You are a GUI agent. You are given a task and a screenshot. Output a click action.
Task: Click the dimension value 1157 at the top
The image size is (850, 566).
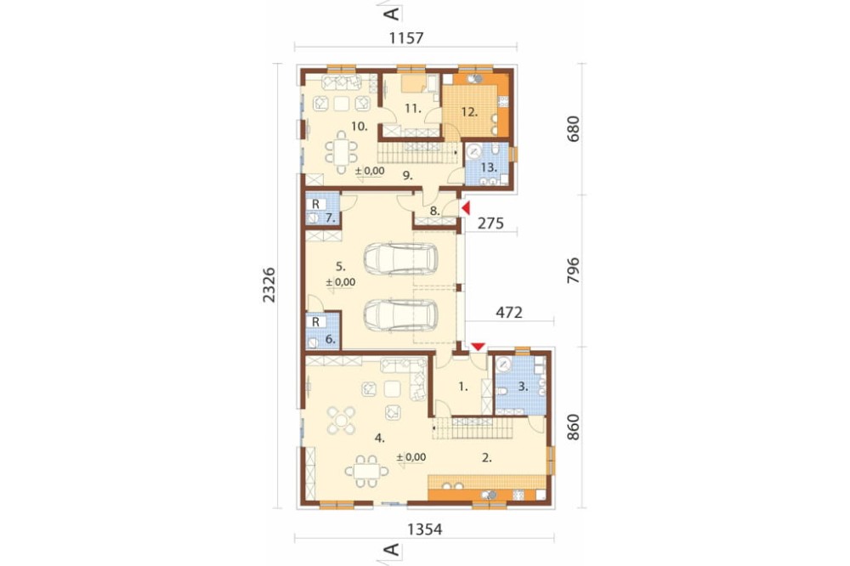pyautogui.click(x=406, y=38)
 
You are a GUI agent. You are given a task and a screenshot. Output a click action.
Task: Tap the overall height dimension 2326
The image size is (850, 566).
pyautogui.click(x=269, y=285)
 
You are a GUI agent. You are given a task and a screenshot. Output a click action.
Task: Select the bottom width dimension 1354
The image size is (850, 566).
pyautogui.click(x=424, y=529)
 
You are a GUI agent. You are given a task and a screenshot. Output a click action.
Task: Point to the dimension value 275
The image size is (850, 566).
pyautogui.click(x=490, y=223)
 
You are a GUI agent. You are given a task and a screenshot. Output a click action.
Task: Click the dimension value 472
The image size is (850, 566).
pyautogui.click(x=509, y=312)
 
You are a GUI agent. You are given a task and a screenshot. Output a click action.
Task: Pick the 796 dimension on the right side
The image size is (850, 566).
pyautogui.click(x=572, y=270)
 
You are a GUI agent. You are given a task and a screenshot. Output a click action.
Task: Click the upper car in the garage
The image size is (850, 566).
pyautogui.click(x=400, y=259)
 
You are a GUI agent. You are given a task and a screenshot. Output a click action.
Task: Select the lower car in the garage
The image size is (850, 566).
pyautogui.click(x=400, y=315)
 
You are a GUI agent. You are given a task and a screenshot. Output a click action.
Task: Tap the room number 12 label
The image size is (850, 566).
pyautogui.click(x=469, y=112)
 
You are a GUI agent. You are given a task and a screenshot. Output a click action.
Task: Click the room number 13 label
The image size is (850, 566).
pyautogui.click(x=489, y=167)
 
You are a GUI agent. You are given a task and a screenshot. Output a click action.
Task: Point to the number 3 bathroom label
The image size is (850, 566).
pyautogui.click(x=523, y=387)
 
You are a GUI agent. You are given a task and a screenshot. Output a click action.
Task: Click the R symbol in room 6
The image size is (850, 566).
pyautogui.click(x=315, y=322)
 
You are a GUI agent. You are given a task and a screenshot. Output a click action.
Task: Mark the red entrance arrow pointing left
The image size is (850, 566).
pyautogui.click(x=465, y=207)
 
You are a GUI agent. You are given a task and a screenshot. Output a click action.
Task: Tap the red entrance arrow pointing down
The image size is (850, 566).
pyautogui.click(x=478, y=347)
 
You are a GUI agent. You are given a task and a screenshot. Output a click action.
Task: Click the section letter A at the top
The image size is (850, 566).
pyautogui.click(x=391, y=14)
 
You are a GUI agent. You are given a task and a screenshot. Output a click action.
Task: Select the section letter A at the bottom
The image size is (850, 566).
pyautogui.click(x=391, y=550)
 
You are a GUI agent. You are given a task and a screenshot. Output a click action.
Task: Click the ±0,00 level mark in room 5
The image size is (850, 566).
pyautogui.click(x=341, y=282)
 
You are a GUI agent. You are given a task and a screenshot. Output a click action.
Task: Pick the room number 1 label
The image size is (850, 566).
pyautogui.click(x=462, y=387)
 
